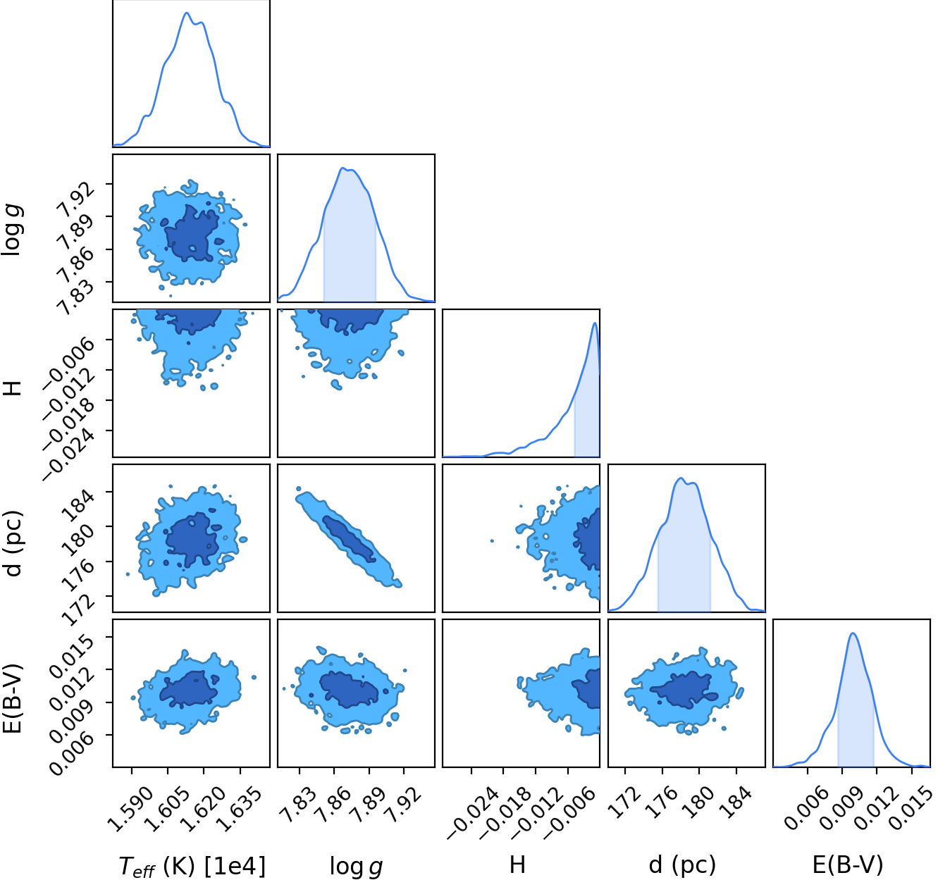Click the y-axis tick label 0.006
pyautogui.click(x=72, y=753)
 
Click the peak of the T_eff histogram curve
pyautogui.click(x=187, y=13)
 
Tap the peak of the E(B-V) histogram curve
pyautogui.click(x=853, y=633)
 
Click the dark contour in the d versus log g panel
pyautogui.click(x=349, y=538)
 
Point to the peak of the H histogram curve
pyautogui.click(x=595, y=323)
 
